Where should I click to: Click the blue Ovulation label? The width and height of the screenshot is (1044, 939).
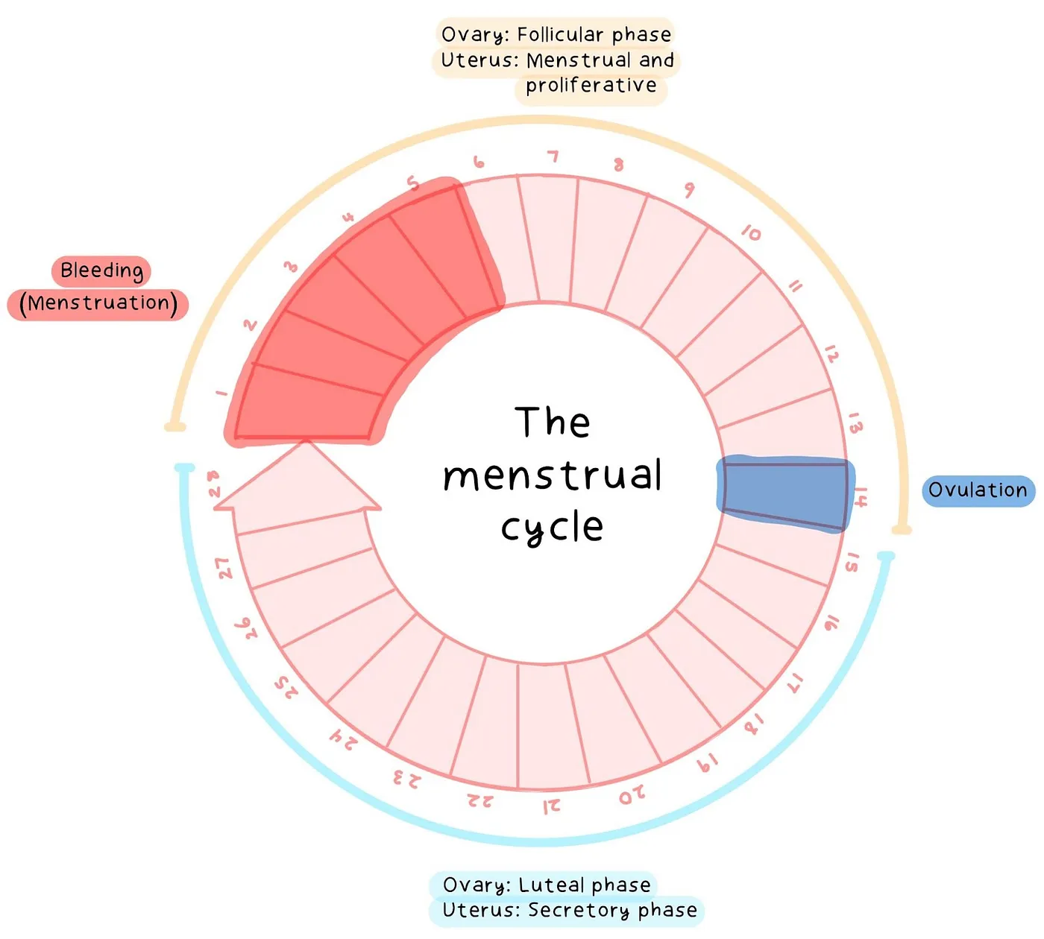pyautogui.click(x=978, y=490)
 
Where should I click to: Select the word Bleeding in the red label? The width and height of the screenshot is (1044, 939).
pyautogui.click(x=101, y=271)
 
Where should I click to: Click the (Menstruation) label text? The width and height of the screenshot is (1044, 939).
pyautogui.click(x=98, y=303)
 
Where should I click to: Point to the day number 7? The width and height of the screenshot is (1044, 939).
pyautogui.click(x=553, y=156)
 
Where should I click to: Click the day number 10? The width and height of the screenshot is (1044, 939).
pyautogui.click(x=751, y=233)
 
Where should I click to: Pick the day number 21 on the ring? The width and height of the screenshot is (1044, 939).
pyautogui.click(x=552, y=806)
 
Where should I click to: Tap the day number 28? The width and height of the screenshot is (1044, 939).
pyautogui.click(x=214, y=484)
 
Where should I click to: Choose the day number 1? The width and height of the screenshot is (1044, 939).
pyautogui.click(x=221, y=392)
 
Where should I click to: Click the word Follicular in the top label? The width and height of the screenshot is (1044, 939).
pyautogui.click(x=562, y=35)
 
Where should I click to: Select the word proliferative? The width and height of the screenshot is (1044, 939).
pyautogui.click(x=591, y=86)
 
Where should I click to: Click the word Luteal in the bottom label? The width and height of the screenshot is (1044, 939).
pyautogui.click(x=551, y=885)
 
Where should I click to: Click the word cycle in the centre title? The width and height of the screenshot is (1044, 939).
pyautogui.click(x=552, y=528)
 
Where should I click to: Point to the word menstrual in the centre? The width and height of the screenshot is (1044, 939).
pyautogui.click(x=552, y=475)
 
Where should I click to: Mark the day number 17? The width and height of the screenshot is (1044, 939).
pyautogui.click(x=796, y=680)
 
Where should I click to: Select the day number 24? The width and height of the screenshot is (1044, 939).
pyautogui.click(x=344, y=739)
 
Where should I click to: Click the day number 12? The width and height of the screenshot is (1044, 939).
pyautogui.click(x=831, y=354)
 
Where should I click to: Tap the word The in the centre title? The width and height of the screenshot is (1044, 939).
pyautogui.click(x=553, y=423)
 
